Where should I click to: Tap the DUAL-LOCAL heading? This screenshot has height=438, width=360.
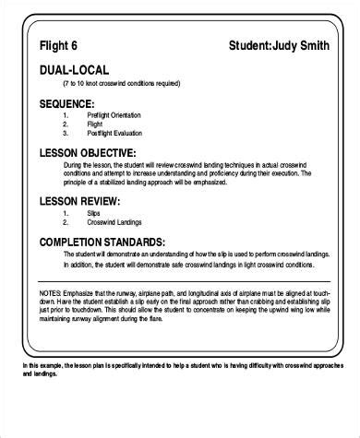pyautogui.click(x=74, y=70)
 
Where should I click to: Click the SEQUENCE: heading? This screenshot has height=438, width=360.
pyautogui.click(x=67, y=103)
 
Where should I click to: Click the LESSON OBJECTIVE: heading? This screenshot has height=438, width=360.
pyautogui.click(x=89, y=152)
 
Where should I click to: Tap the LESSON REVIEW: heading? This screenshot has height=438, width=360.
pyautogui.click(x=79, y=201)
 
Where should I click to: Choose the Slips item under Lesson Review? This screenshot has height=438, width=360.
pyautogui.click(x=94, y=214)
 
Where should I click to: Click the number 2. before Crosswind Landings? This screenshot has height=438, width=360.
pyautogui.click(x=66, y=223)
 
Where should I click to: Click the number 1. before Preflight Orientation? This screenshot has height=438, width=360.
pyautogui.click(x=66, y=115)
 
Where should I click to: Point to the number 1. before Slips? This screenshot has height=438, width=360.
pyautogui.click(x=66, y=214)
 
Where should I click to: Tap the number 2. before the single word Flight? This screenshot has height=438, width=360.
pyautogui.click(x=66, y=124)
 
